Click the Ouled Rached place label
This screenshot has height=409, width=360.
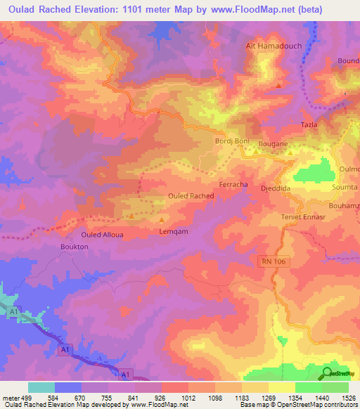[x=191, y=195]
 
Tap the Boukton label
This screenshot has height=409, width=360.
[x=74, y=247]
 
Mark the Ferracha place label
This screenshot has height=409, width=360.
[x=233, y=184]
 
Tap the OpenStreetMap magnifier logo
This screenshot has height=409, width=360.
[x=328, y=372]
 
